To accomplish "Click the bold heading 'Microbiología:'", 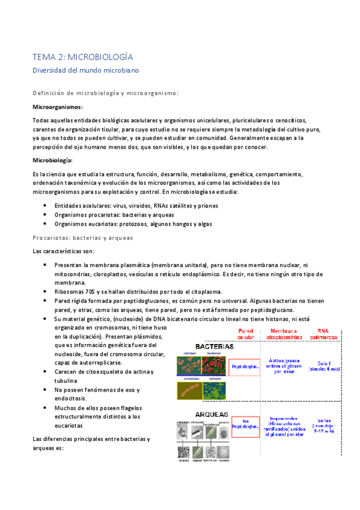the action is coord(52,161).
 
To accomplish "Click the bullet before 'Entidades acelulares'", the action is coord(47,206).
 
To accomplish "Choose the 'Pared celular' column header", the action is coord(246,334).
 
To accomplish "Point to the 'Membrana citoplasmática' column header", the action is coord(282,334).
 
